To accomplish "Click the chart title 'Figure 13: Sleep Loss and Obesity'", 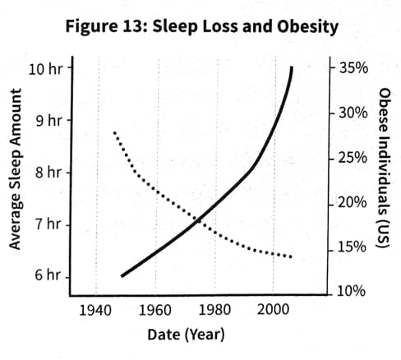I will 201,26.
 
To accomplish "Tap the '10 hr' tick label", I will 44,67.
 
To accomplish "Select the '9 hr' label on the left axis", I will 48,121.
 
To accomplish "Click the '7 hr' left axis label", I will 48,224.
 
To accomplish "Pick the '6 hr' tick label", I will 48,275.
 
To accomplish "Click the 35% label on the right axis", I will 353,67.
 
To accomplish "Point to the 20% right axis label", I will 353,202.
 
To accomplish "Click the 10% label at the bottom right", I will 353,291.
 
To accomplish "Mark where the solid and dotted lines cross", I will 199,219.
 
